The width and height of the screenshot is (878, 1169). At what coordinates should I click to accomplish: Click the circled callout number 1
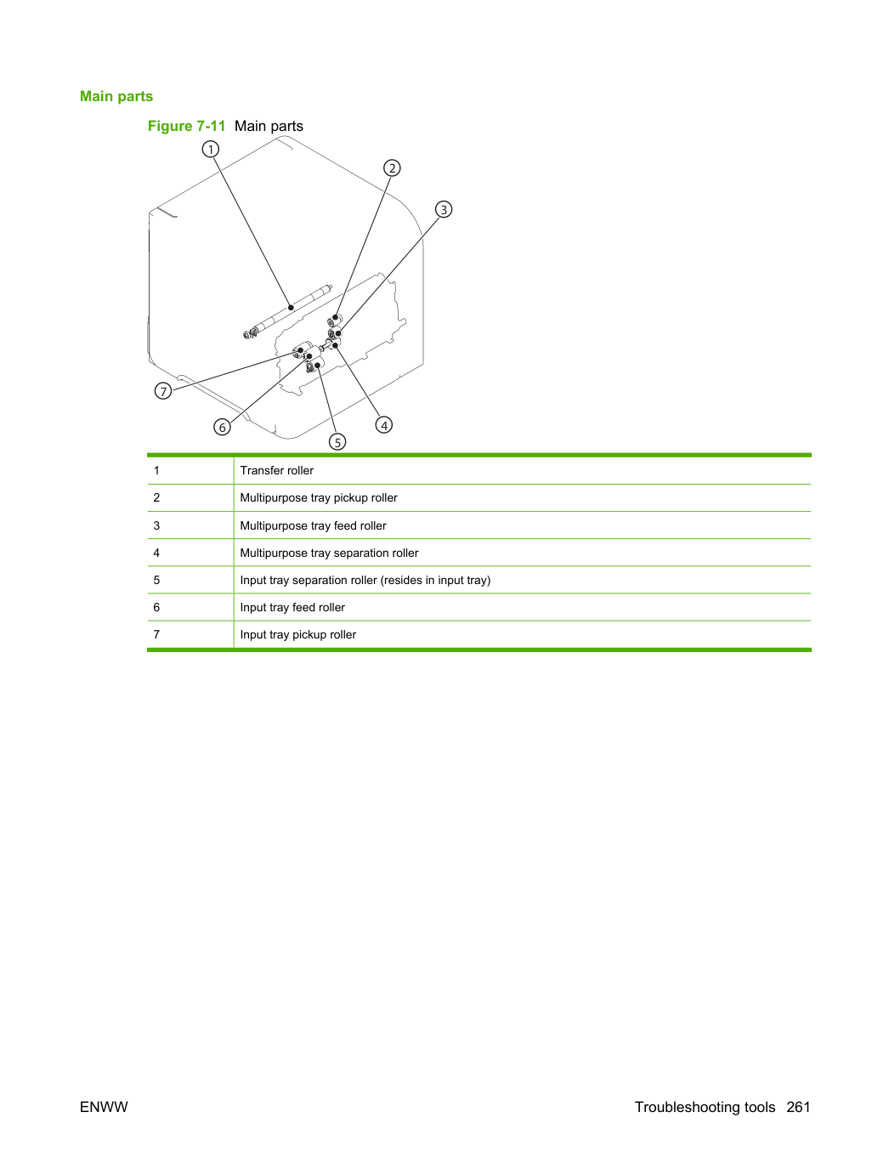(x=210, y=149)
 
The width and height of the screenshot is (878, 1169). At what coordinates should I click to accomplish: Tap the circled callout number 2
(x=392, y=168)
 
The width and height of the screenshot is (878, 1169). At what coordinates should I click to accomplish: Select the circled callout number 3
(x=444, y=209)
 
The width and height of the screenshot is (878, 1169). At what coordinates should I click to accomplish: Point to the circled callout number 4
(x=384, y=425)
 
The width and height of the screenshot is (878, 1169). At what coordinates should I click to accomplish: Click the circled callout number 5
(x=337, y=441)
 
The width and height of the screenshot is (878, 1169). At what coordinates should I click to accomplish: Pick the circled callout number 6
(x=222, y=427)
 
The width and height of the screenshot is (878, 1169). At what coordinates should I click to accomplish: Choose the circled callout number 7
(x=163, y=391)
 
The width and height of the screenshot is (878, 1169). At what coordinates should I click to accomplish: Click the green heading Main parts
(x=116, y=96)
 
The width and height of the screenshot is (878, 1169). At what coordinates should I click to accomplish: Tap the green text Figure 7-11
(x=186, y=126)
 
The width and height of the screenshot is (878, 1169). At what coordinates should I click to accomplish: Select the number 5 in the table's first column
(x=156, y=580)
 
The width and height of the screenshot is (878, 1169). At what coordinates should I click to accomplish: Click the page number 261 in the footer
(x=798, y=1107)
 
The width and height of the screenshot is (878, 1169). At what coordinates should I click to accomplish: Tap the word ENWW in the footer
(x=104, y=1107)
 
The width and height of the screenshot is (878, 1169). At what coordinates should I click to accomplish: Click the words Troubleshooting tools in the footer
(x=705, y=1107)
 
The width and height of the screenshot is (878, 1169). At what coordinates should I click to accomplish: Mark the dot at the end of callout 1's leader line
(x=291, y=307)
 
